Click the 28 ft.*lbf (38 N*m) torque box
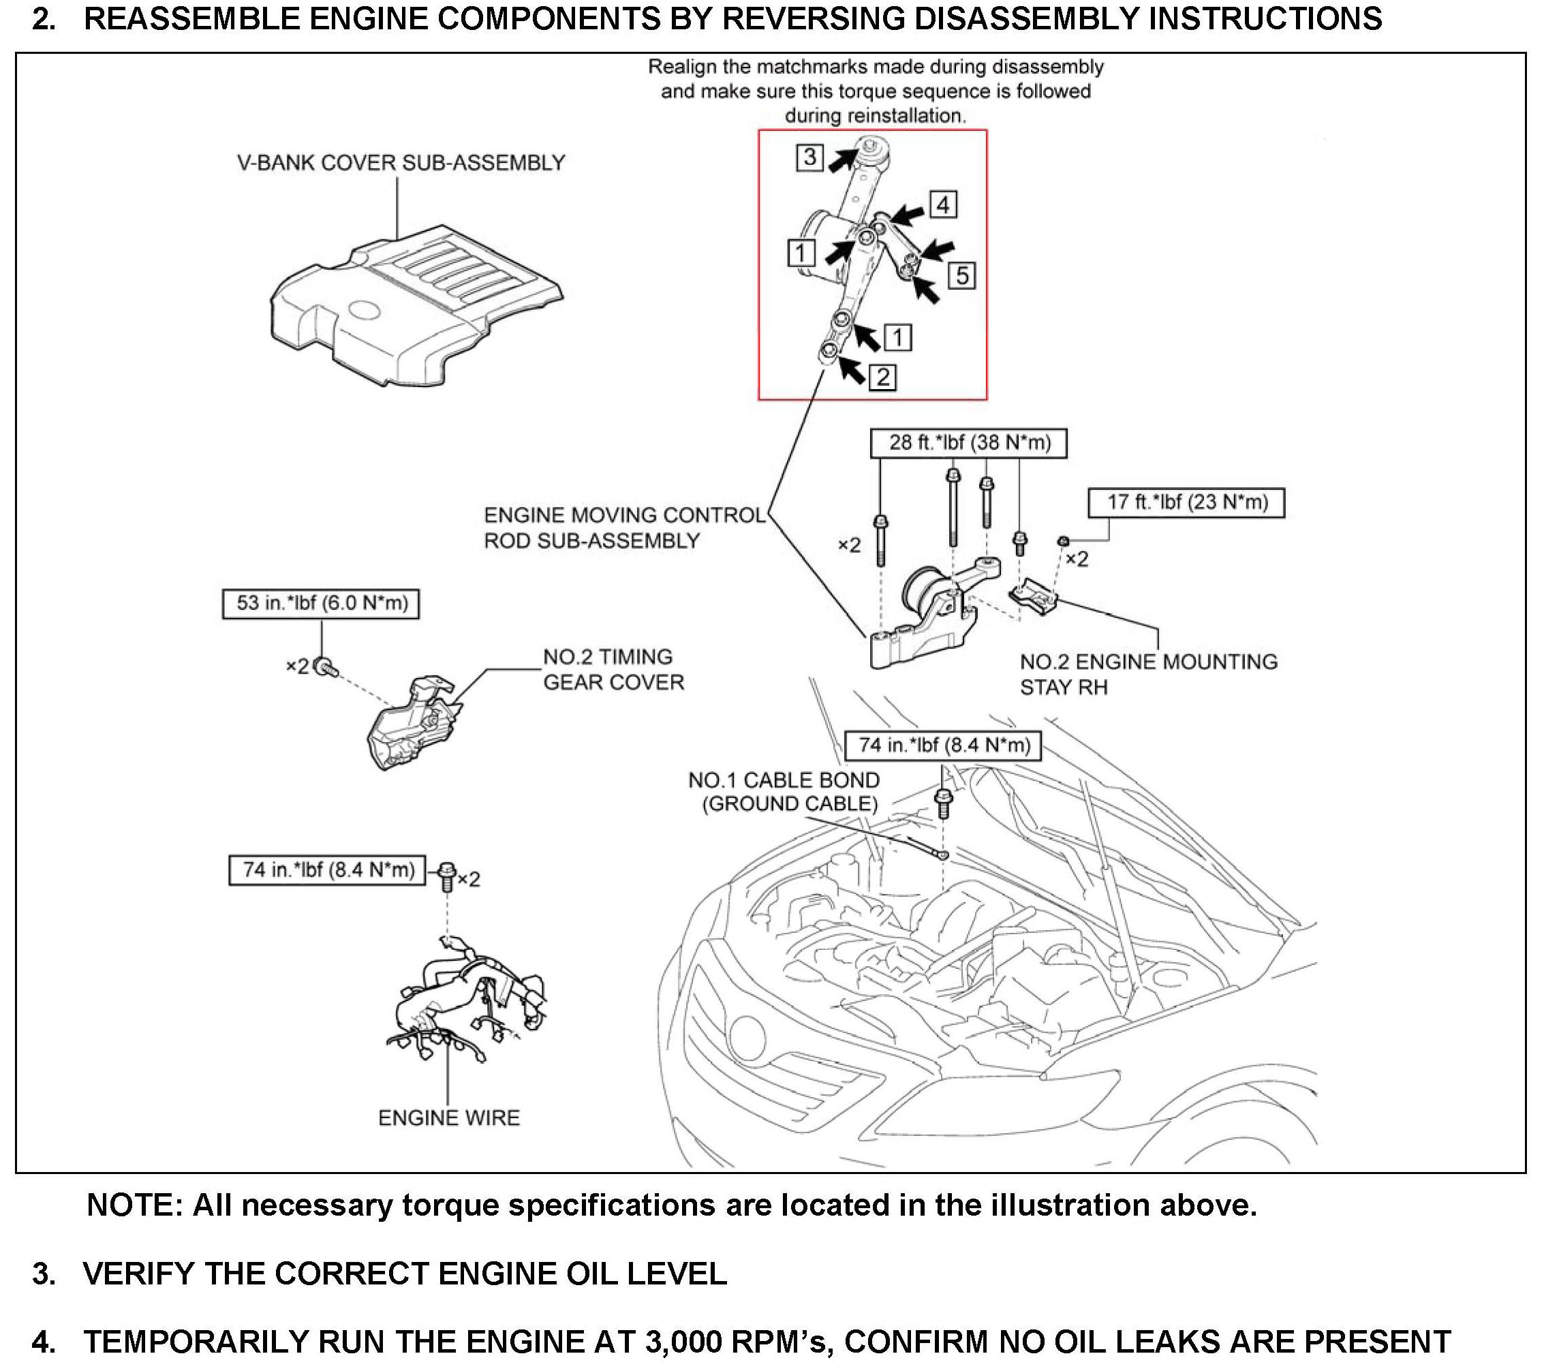point(968,443)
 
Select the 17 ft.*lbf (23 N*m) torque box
point(1186,502)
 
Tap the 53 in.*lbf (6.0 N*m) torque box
point(321,603)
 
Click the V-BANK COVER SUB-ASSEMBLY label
point(401,163)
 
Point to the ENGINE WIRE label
point(449,1118)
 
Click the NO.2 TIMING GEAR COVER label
point(613,669)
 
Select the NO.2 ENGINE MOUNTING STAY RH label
point(1147,674)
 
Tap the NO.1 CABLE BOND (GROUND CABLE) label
point(784,791)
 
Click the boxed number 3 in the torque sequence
point(809,157)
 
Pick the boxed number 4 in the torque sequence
point(943,204)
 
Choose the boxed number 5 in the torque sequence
point(961,275)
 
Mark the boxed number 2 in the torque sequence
point(883,376)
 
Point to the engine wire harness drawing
point(468,997)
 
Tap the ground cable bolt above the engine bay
point(943,802)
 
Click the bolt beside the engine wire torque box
point(447,876)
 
